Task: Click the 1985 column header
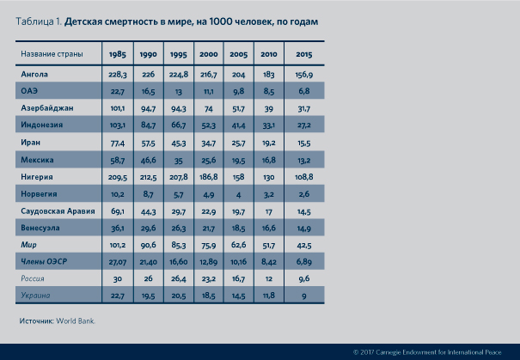(118, 56)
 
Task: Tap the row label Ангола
(34, 74)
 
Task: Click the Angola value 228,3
(118, 74)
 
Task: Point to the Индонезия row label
(42, 125)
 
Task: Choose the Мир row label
(28, 244)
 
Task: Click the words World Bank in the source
(76, 321)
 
